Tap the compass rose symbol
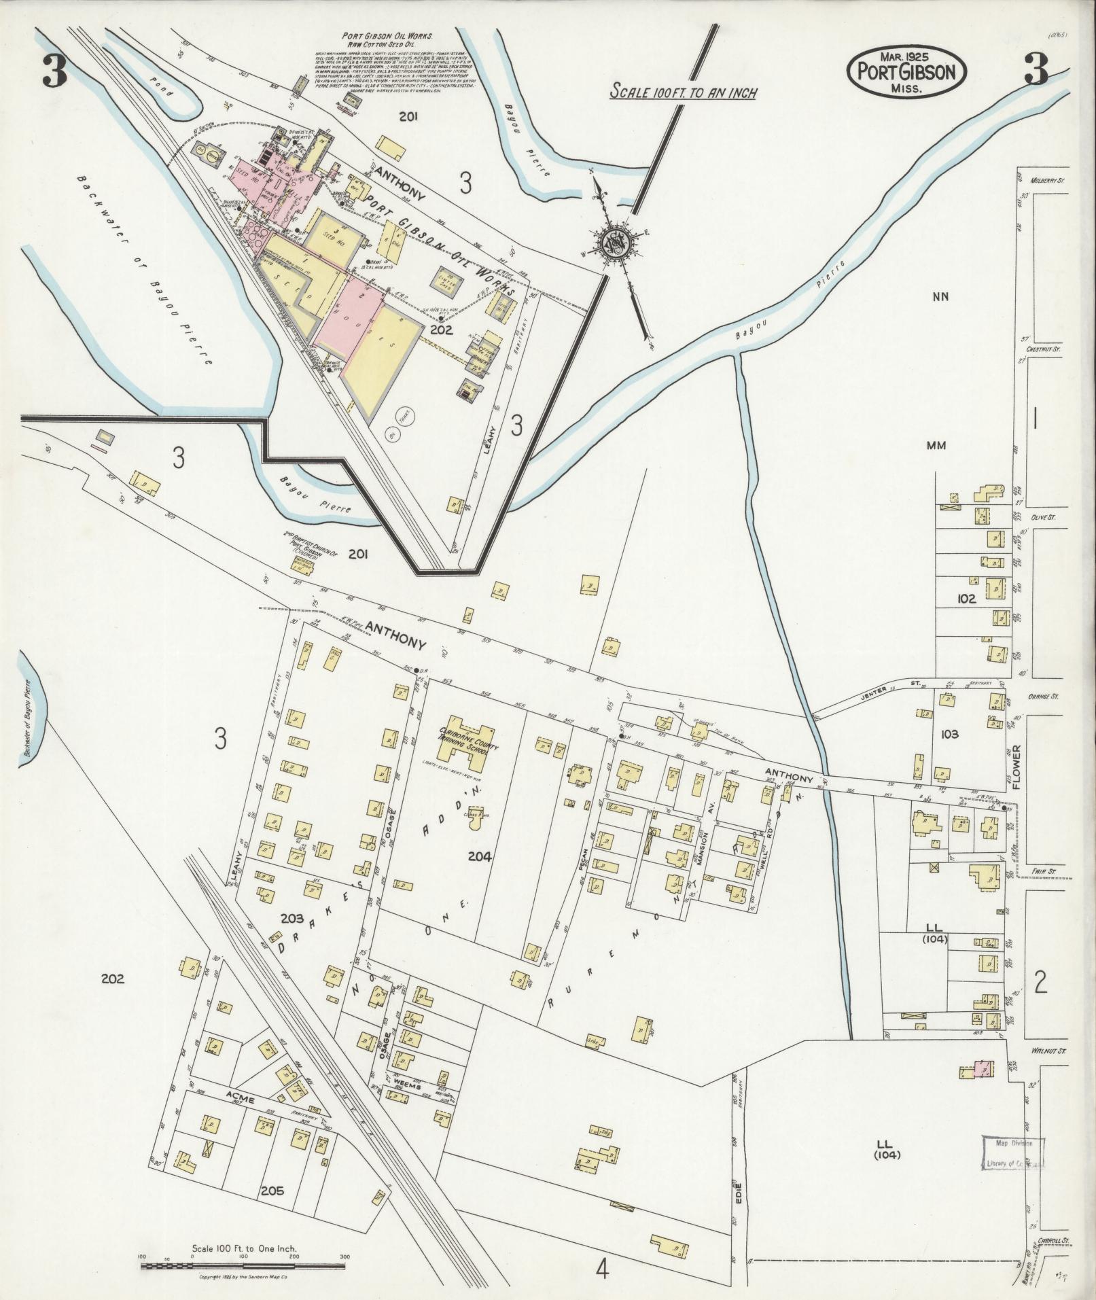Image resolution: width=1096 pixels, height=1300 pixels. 616,240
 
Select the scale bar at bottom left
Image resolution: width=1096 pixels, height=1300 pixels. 244,1266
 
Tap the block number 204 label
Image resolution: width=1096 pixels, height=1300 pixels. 479,856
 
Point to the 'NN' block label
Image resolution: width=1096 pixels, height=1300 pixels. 940,296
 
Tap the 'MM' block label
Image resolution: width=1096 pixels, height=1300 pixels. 936,446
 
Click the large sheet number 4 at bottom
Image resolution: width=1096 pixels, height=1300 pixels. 602,1268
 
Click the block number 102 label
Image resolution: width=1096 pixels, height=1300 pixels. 965,599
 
